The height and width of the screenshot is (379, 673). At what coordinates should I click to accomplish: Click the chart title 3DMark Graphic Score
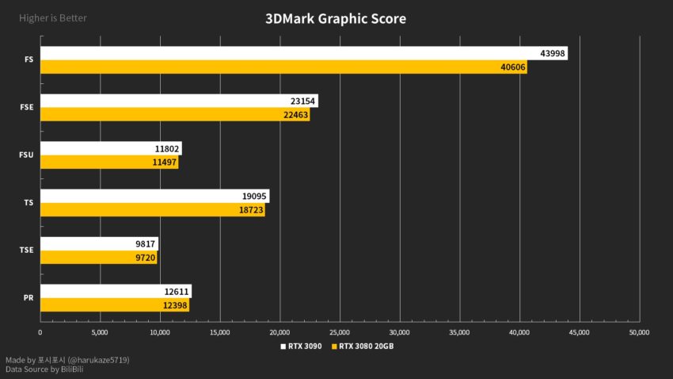click(x=336, y=18)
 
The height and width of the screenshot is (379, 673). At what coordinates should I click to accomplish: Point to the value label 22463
click(x=295, y=115)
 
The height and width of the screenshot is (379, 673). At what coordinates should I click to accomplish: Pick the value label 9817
click(x=146, y=244)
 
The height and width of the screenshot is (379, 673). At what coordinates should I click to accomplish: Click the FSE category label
click(x=26, y=108)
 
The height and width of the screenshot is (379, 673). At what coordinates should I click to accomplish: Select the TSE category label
click(x=26, y=251)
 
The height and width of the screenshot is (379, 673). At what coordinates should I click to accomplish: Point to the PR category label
click(x=28, y=298)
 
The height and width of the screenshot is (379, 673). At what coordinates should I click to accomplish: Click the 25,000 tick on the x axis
click(x=340, y=332)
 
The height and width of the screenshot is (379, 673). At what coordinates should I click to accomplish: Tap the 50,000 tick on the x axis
click(x=638, y=332)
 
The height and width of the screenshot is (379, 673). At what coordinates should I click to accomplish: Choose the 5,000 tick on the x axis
click(x=100, y=332)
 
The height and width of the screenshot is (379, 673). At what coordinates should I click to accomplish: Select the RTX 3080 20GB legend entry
click(x=365, y=346)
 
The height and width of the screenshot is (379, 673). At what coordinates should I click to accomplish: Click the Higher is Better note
click(x=53, y=17)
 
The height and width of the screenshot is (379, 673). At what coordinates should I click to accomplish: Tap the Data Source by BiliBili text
click(x=44, y=369)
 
